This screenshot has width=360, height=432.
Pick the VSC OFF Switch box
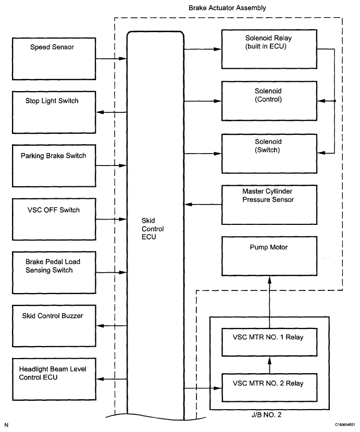[x=54, y=219]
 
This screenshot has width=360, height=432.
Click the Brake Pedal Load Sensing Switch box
[x=54, y=272]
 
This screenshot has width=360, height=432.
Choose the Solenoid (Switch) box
[x=269, y=154]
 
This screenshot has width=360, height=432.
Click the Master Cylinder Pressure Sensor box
[x=269, y=204]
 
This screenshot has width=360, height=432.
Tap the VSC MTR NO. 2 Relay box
[x=269, y=388]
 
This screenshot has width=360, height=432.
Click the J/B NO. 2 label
[x=269, y=416]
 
